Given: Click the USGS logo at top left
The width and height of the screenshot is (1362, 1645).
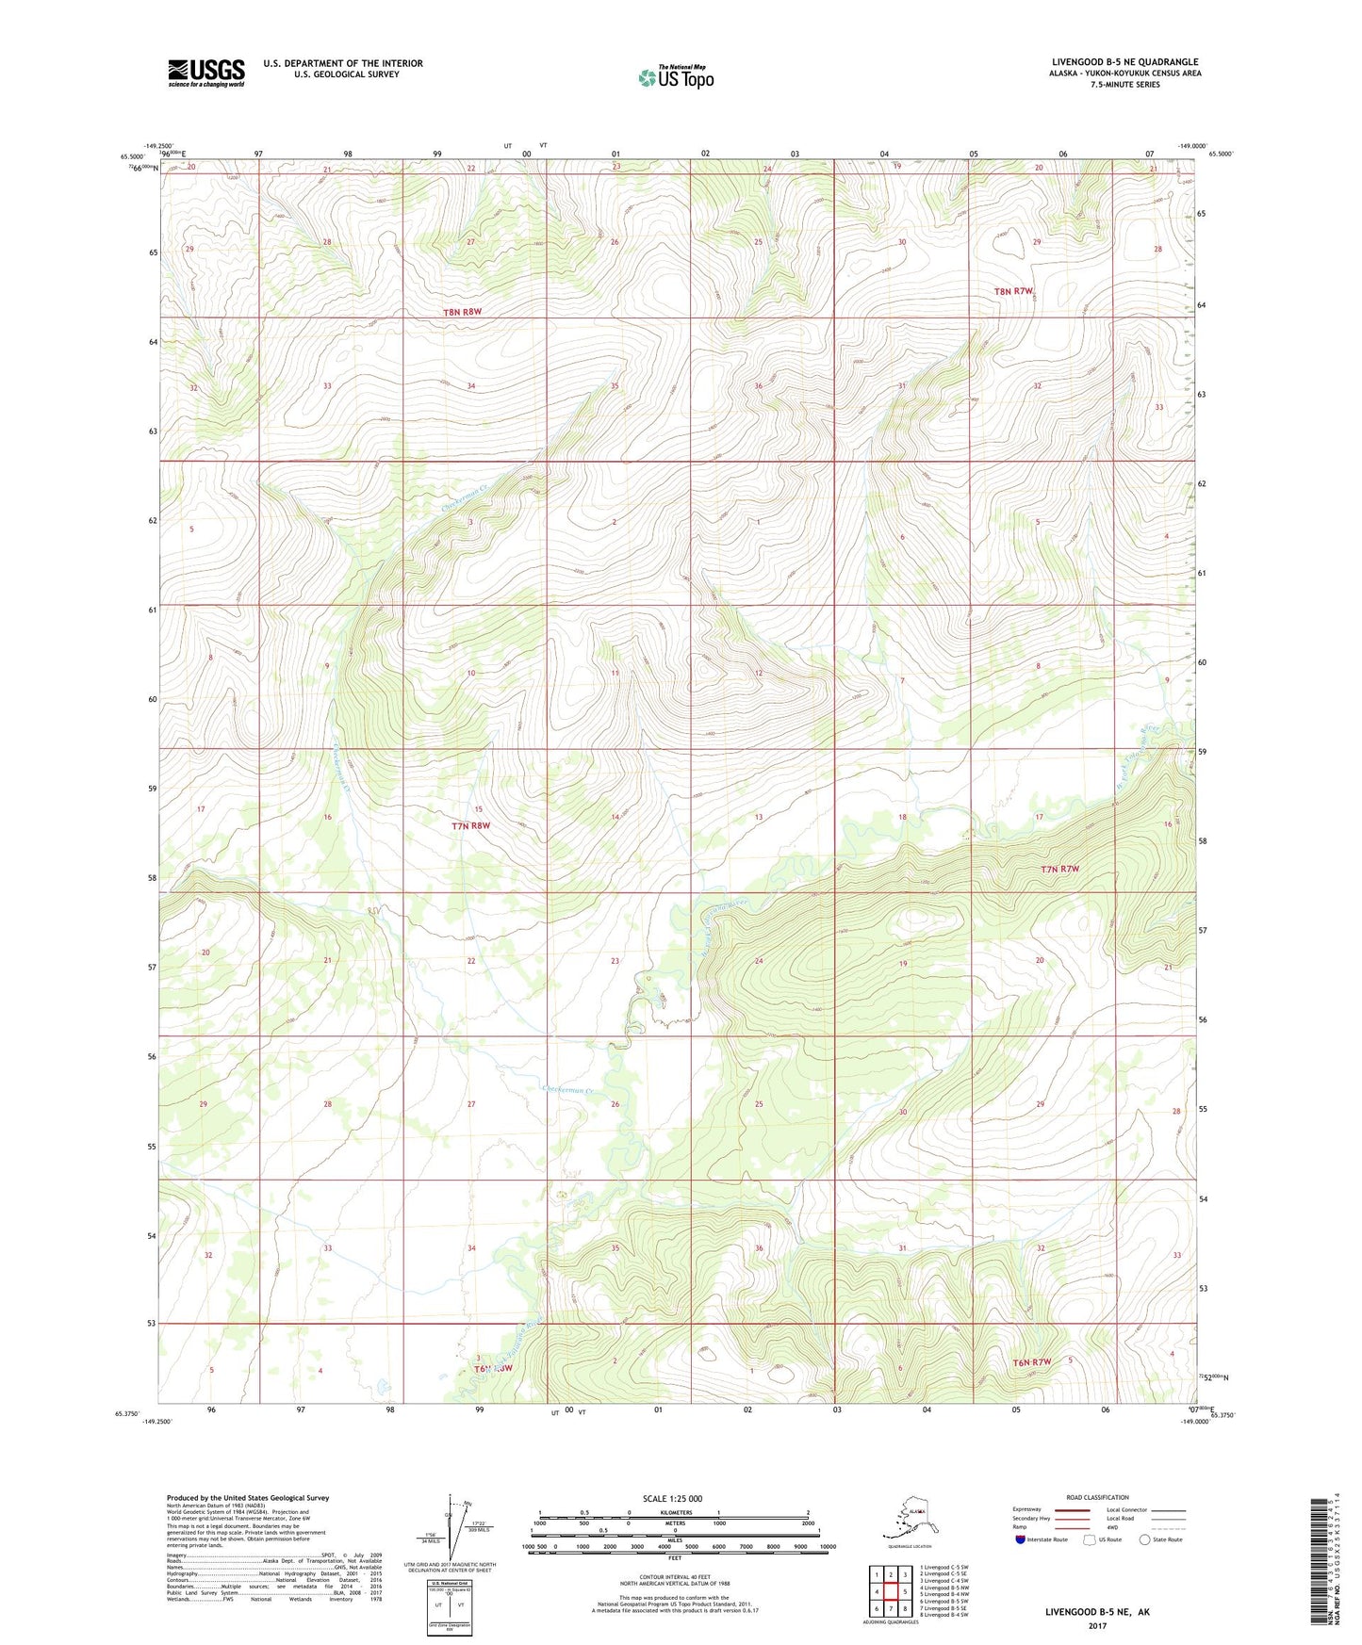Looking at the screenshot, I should click(206, 73).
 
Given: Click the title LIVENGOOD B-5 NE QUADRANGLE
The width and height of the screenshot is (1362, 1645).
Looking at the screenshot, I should click(1124, 62).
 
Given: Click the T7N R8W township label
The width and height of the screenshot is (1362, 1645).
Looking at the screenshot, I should click(470, 826).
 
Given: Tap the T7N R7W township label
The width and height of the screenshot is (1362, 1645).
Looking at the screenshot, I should click(1059, 870).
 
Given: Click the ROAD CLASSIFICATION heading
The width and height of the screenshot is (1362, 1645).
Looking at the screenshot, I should click(1097, 1497).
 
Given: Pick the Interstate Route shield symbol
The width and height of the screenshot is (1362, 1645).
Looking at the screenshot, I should click(1020, 1539).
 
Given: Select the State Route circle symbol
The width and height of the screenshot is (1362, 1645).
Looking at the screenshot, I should click(1145, 1539).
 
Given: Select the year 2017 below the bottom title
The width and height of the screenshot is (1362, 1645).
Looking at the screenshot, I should click(1096, 1625).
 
